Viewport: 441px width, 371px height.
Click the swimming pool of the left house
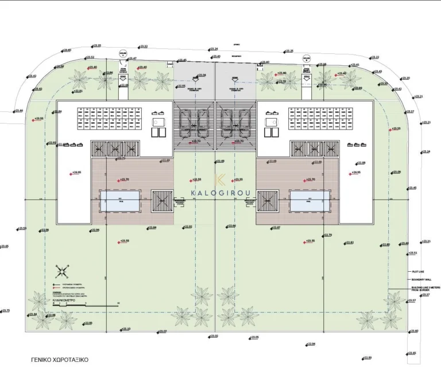(119, 201)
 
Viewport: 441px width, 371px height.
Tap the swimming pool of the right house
(310, 201)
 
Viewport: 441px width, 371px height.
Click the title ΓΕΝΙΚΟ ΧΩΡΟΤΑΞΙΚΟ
(60, 361)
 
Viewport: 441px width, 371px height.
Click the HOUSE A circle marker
(122, 54)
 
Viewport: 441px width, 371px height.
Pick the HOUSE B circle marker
(306, 58)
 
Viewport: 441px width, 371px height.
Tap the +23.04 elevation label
(202, 75)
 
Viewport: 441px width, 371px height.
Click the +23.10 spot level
(126, 329)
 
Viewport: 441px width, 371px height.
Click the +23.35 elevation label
(96, 45)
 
